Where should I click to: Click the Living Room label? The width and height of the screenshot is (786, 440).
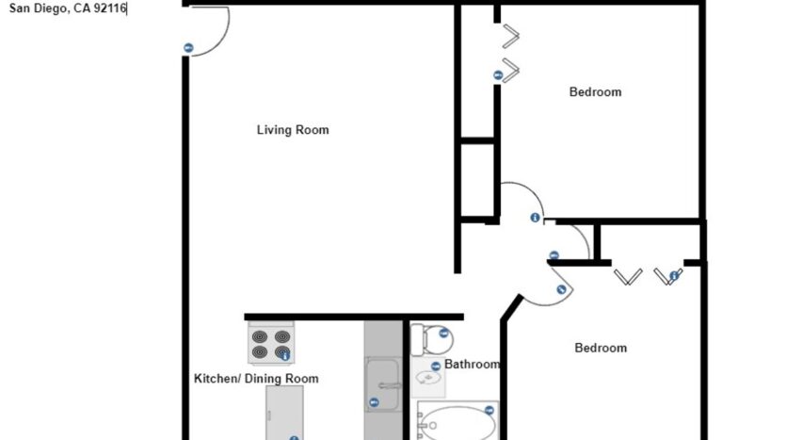293,130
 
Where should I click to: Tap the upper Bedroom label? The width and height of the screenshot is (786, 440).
595,92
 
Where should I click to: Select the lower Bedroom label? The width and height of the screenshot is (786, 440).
601,348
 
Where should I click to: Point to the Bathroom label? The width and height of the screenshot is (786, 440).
472,365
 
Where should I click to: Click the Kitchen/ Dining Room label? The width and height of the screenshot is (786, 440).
256,379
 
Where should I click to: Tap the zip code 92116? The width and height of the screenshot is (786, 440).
107,8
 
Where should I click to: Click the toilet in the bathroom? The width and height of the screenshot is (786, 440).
431,336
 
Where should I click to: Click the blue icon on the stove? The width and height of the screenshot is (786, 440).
284,355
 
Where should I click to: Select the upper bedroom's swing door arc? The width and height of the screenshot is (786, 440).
521,199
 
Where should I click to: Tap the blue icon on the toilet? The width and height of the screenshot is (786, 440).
442,333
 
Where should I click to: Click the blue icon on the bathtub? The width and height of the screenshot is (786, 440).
489,410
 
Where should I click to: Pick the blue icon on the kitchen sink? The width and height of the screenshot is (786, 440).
374,402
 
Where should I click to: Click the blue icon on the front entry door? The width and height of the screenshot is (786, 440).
188,48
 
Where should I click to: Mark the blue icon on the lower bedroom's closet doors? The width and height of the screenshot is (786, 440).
674,275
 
